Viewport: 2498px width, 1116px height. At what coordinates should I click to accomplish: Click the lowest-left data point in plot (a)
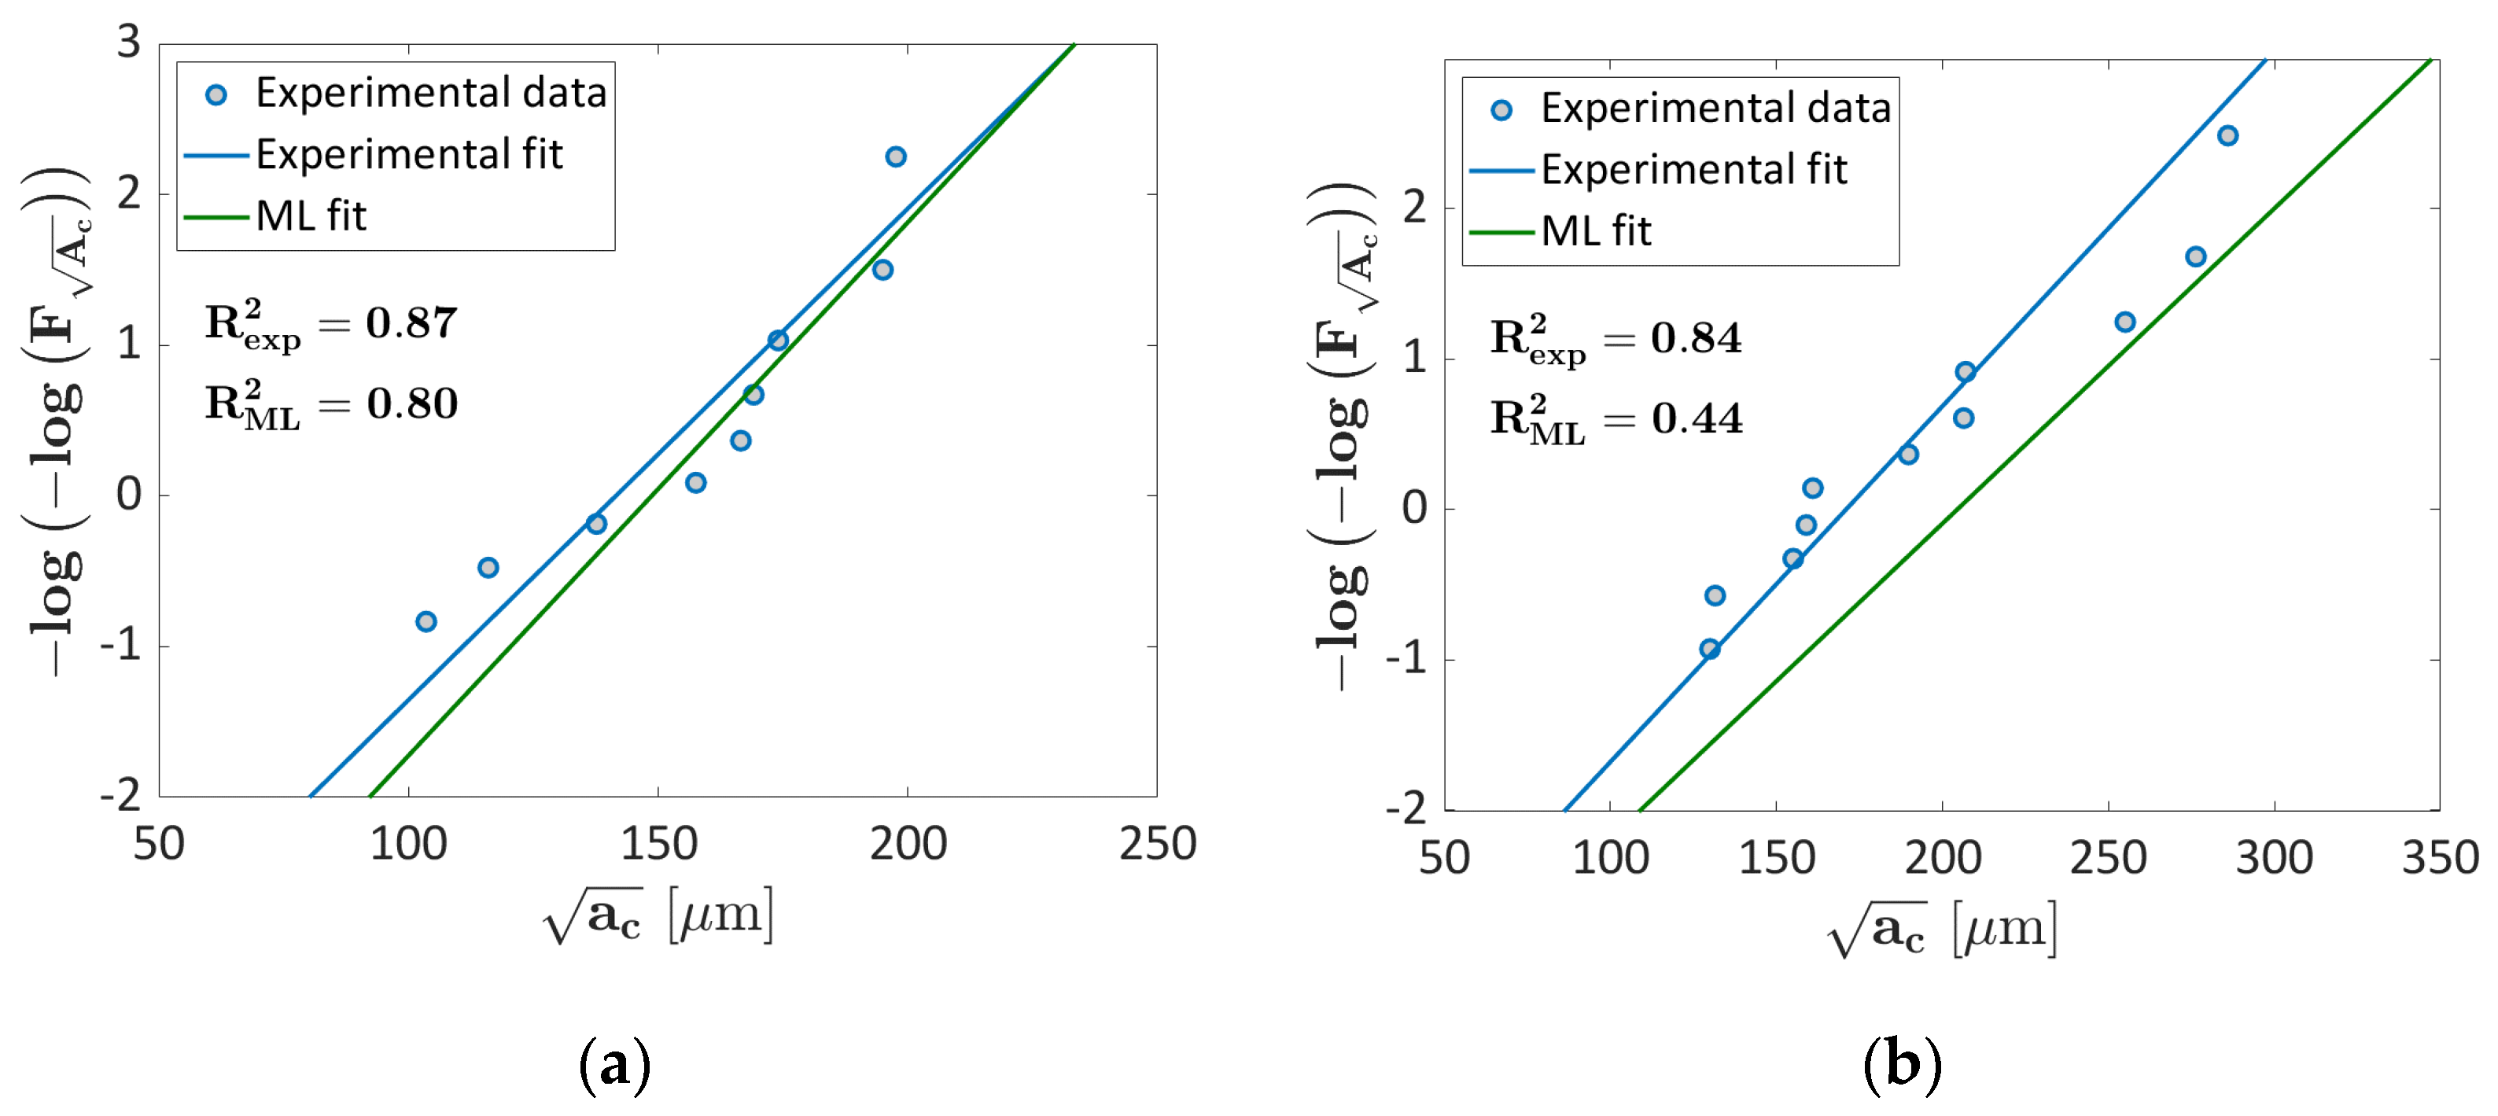click(426, 621)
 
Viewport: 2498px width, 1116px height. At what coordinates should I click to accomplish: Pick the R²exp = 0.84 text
click(1616, 338)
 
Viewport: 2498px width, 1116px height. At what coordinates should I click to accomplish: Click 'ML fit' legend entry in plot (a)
click(311, 216)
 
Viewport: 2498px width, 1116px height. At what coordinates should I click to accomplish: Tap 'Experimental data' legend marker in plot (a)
click(216, 95)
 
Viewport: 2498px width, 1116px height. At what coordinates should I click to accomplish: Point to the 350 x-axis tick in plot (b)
click(2439, 858)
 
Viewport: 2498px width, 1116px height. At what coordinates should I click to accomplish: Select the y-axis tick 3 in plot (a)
click(129, 42)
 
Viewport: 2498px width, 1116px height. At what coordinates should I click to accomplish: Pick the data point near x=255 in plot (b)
click(2124, 322)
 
